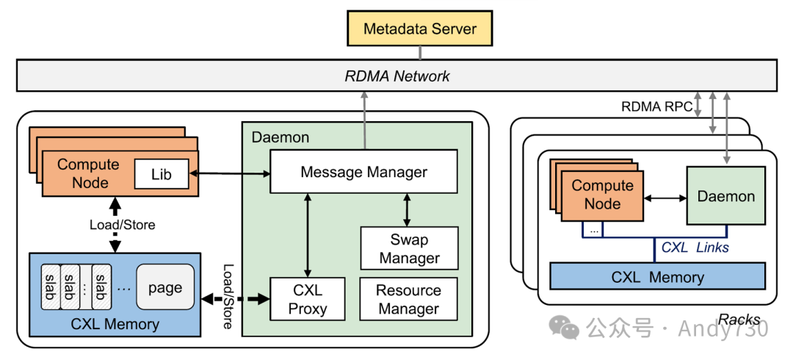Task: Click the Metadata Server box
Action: pos(420,29)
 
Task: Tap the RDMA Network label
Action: pos(396,76)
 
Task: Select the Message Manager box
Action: pos(363,173)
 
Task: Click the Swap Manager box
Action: pos(409,248)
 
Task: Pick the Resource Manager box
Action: pos(408,299)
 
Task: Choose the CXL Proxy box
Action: pos(307,299)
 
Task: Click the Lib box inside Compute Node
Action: pos(162,174)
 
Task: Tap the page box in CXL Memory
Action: pos(164,287)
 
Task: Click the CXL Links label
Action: pos(695,248)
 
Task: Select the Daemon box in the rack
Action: pos(725,196)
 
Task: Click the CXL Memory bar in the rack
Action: pos(657,277)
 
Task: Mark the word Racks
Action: pos(739,320)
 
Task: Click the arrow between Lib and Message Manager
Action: pos(230,173)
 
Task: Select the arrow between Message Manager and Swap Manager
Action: pos(408,210)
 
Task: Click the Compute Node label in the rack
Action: pos(602,195)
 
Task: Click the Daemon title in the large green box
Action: pos(280,137)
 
